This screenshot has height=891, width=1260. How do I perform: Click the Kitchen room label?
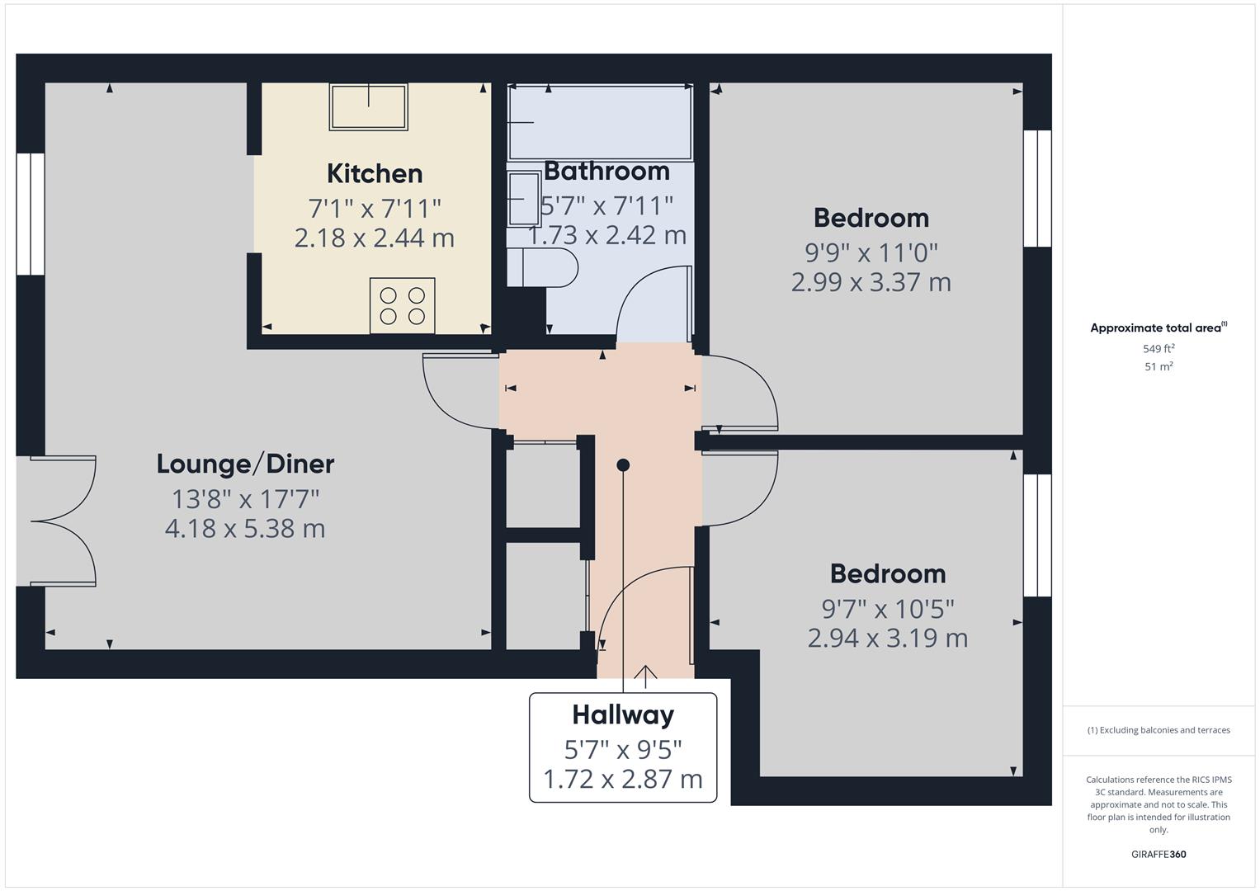coord(375,174)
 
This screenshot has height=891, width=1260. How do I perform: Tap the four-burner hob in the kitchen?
coord(402,305)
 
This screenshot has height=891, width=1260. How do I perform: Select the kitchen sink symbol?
coord(368,107)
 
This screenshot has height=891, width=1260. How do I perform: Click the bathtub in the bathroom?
coord(600,122)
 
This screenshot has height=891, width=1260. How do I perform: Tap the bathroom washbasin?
coord(523,198)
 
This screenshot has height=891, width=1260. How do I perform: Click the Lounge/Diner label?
coord(245,464)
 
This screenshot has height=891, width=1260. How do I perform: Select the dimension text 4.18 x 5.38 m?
coord(245,528)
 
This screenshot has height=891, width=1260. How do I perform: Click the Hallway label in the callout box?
coord(623,714)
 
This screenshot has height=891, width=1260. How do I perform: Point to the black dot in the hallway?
coord(623,465)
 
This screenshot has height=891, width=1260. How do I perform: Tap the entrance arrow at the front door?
coord(645,676)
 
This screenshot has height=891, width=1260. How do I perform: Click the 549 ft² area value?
coord(1159,349)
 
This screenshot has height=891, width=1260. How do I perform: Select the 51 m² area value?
coord(1159,367)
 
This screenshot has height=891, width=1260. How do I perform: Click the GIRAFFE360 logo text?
coord(1159,854)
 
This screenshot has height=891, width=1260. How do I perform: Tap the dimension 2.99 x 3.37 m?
coord(871,282)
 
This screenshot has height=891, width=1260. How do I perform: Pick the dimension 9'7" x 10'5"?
coord(887,609)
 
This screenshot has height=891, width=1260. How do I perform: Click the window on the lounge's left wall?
coord(31,214)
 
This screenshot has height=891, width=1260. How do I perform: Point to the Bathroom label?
coord(606,172)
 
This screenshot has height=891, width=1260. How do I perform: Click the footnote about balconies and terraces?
coord(1159,730)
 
